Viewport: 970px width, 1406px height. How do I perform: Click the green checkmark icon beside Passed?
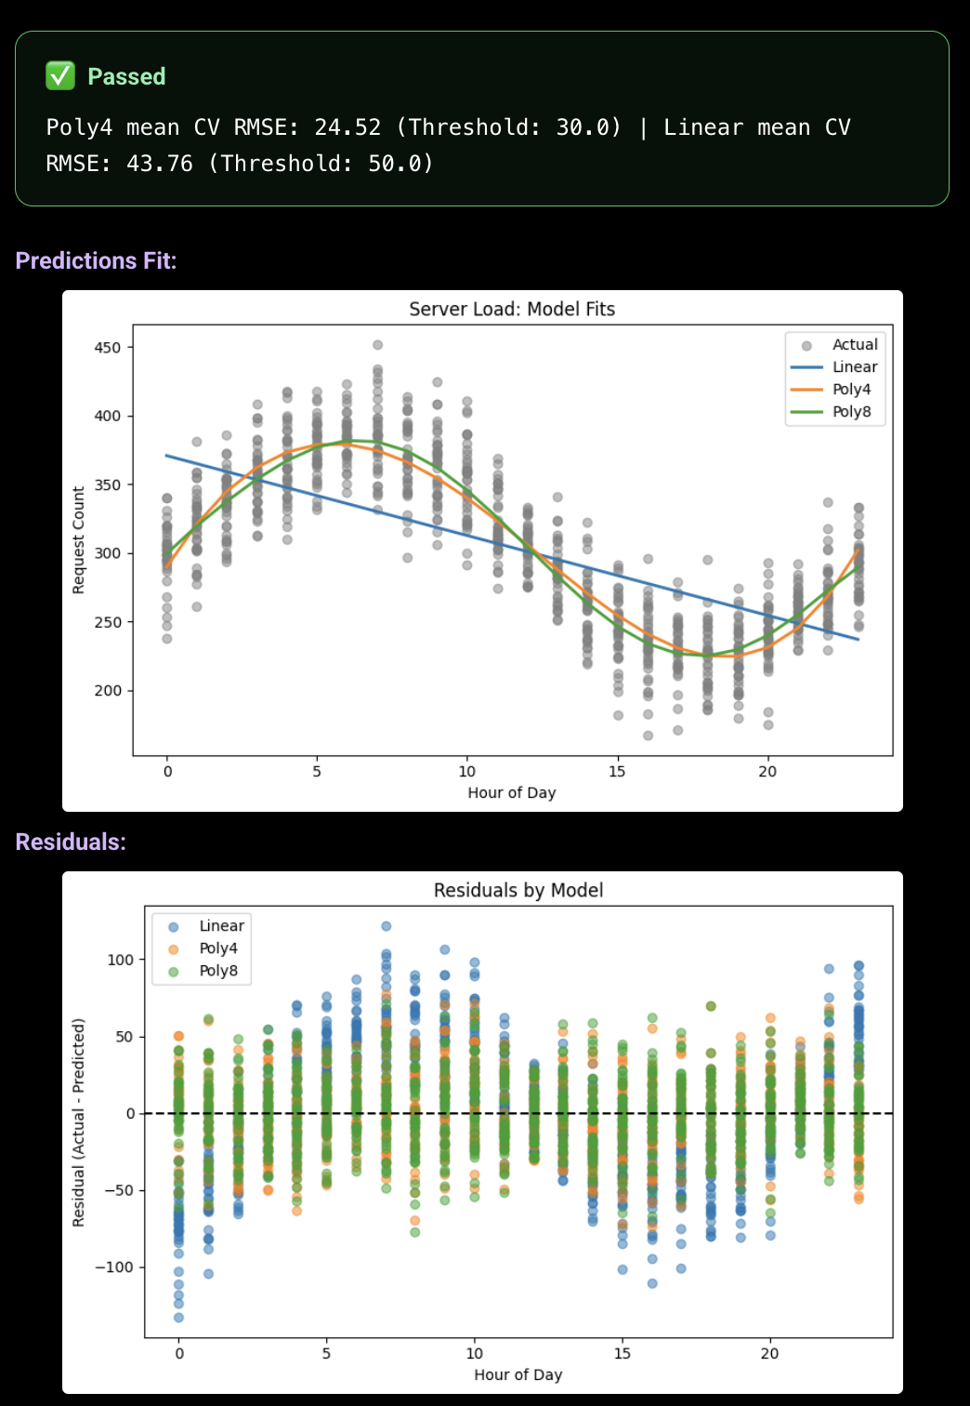pyautogui.click(x=60, y=75)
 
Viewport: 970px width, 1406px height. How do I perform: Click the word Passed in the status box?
pyautogui.click(x=126, y=76)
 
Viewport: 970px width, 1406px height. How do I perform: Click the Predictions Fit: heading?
pyautogui.click(x=96, y=260)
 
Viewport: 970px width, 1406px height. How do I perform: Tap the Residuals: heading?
pyautogui.click(x=71, y=842)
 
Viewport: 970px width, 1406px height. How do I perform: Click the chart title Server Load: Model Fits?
pyautogui.click(x=512, y=309)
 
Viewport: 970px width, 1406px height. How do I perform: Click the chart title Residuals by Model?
pyautogui.click(x=518, y=890)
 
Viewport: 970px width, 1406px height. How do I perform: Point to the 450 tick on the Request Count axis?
pyautogui.click(x=108, y=348)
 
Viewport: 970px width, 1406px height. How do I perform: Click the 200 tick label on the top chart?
pyautogui.click(x=108, y=691)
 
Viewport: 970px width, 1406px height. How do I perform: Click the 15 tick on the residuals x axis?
pyautogui.click(x=622, y=1353)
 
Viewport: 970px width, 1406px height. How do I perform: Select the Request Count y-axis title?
pyautogui.click(x=79, y=540)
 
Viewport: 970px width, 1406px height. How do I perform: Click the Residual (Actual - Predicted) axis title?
pyautogui.click(x=79, y=1122)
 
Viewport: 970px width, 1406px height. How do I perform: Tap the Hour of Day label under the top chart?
pyautogui.click(x=511, y=792)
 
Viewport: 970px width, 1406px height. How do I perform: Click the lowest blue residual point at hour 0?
pyautogui.click(x=178, y=1317)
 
